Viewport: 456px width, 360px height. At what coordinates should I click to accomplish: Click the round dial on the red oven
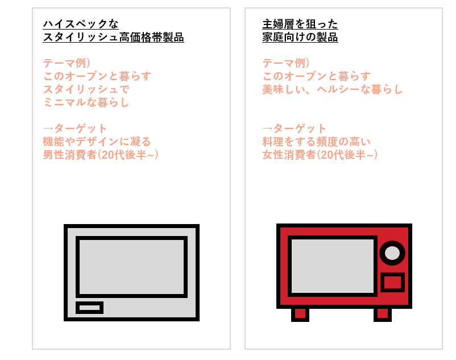tap(392, 253)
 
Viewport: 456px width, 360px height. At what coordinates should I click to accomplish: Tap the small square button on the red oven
tap(392, 282)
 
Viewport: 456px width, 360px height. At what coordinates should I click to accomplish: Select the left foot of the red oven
tap(300, 314)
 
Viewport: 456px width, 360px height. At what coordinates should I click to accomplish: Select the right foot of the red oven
tap(383, 314)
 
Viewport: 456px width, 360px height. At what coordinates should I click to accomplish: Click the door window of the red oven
tap(333, 266)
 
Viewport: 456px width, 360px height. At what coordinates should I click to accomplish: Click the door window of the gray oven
tap(131, 267)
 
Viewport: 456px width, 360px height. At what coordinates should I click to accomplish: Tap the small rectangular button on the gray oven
tap(90, 308)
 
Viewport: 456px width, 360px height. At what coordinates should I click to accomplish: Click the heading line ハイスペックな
tap(81, 24)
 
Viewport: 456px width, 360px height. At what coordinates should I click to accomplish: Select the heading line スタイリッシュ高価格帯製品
tap(113, 37)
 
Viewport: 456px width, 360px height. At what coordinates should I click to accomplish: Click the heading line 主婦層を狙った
tap(300, 24)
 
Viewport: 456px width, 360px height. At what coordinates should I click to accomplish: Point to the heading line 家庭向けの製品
tap(300, 37)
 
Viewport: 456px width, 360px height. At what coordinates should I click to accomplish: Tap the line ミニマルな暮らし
tap(86, 102)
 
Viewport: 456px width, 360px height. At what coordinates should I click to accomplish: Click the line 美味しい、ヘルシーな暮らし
tap(332, 89)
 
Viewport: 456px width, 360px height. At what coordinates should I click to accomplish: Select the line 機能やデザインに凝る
tap(97, 142)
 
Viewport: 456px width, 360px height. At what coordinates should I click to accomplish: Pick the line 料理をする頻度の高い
tap(316, 142)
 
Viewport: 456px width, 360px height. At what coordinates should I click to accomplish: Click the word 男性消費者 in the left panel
tap(70, 155)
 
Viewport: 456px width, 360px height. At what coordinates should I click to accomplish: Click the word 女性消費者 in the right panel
tap(289, 155)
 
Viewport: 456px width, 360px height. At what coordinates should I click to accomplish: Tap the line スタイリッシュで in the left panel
tap(86, 89)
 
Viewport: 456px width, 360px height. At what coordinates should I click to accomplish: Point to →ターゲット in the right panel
tap(294, 129)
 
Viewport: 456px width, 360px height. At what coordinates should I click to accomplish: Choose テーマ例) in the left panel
tap(67, 63)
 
